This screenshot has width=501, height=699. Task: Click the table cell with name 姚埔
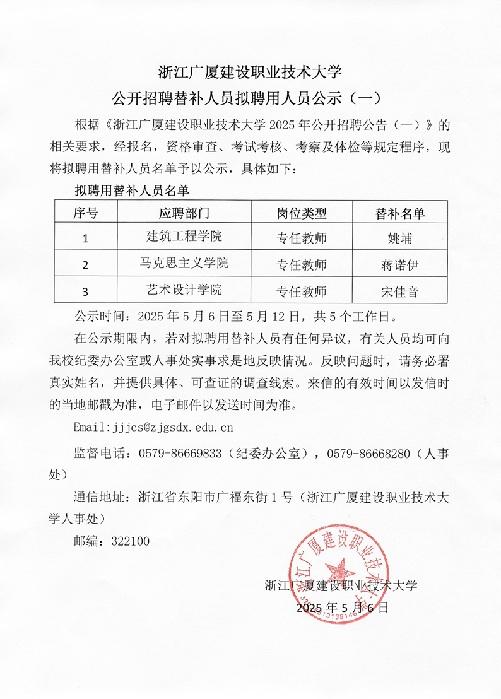tap(399, 238)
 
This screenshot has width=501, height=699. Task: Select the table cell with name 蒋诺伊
tap(399, 265)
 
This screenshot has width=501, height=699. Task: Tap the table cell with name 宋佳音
tap(399, 291)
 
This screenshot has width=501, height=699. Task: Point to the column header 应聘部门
tap(184, 213)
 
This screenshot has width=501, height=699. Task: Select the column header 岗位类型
tap(302, 213)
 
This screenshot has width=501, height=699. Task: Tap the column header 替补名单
tap(399, 213)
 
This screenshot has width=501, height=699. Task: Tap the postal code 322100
tap(130, 541)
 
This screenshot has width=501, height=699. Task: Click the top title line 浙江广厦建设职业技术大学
tap(250, 71)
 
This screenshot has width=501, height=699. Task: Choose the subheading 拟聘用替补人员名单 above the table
tap(132, 189)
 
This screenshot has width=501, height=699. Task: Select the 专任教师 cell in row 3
tap(302, 291)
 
